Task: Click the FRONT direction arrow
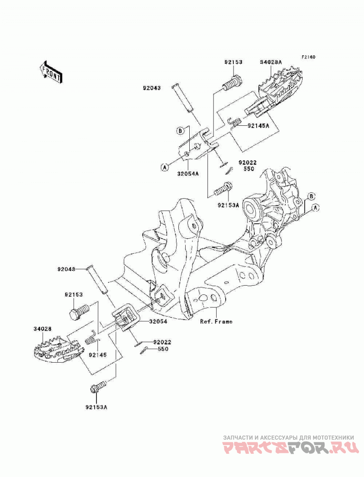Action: (51, 72)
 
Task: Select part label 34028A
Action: (271, 62)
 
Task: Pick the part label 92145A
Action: (258, 126)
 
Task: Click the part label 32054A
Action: (188, 174)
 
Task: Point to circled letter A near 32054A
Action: (164, 167)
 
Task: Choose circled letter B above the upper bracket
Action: (180, 131)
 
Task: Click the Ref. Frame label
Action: (216, 321)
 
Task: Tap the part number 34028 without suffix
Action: (42, 329)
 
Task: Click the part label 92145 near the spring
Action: (97, 355)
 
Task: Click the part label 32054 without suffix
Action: (158, 321)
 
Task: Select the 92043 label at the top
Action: (152, 88)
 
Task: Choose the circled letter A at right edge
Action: (316, 208)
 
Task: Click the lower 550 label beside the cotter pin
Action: (163, 349)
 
